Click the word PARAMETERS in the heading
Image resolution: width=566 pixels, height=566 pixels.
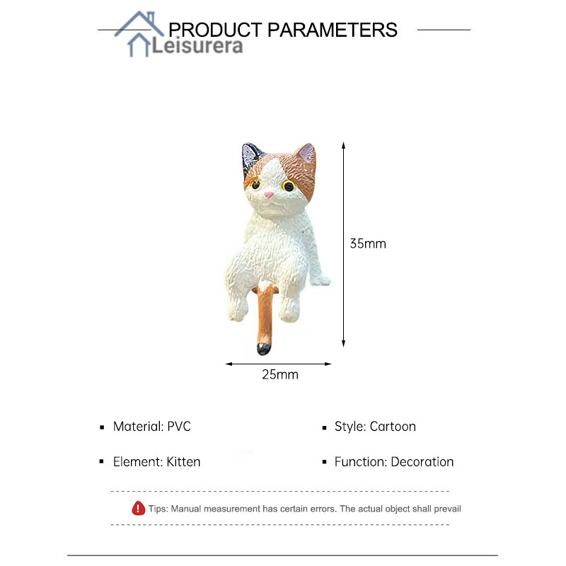[332, 30]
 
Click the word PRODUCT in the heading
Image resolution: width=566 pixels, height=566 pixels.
[215, 30]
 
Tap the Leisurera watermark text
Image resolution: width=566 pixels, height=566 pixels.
[197, 46]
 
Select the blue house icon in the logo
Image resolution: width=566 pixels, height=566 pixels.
[139, 34]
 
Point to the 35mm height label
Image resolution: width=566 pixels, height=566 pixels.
[368, 243]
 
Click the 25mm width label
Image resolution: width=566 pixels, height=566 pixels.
[280, 375]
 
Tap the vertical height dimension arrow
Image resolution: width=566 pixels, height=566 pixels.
[343, 244]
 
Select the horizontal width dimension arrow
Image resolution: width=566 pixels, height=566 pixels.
[278, 364]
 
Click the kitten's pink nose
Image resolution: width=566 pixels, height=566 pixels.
[269, 195]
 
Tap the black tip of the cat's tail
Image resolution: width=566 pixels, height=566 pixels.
[263, 349]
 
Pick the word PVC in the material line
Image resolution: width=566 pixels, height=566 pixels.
[179, 427]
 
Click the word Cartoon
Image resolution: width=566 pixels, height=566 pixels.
[393, 427]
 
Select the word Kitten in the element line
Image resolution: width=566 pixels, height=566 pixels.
[183, 462]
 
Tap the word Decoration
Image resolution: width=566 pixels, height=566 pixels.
[422, 462]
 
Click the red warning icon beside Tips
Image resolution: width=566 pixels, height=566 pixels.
[138, 508]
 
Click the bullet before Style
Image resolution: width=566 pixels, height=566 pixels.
[324, 428]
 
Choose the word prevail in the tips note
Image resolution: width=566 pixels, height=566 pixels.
[447, 509]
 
